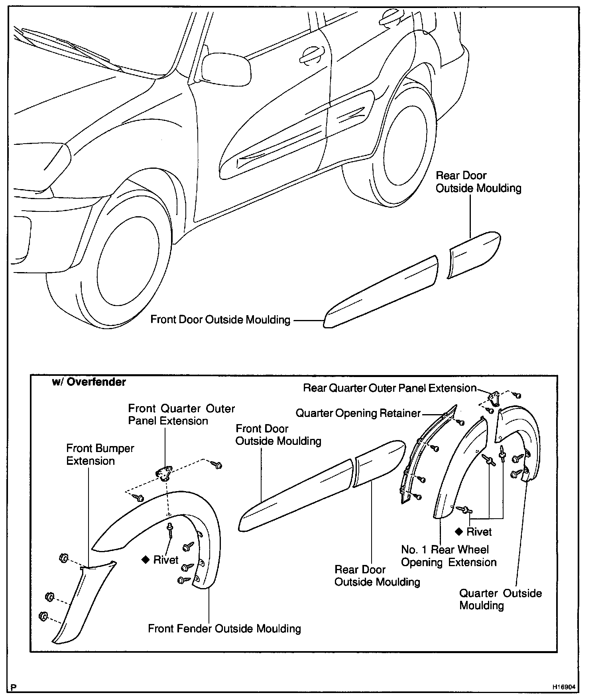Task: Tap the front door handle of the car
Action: pyautogui.click(x=311, y=55)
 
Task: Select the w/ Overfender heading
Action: pyautogui.click(x=89, y=382)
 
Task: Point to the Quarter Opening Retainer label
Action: pyautogui.click(x=358, y=413)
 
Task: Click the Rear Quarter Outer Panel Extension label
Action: pyautogui.click(x=390, y=388)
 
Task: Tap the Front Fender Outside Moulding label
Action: pyautogui.click(x=224, y=628)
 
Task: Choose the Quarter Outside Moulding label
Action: pyautogui.click(x=500, y=599)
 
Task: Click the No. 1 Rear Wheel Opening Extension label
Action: pyautogui.click(x=448, y=556)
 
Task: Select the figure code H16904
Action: pyautogui.click(x=563, y=687)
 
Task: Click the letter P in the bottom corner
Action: pyautogui.click(x=14, y=687)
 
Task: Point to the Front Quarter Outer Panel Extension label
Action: pyautogui.click(x=181, y=415)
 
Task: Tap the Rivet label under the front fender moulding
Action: pyautogui.click(x=165, y=560)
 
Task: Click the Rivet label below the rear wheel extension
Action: pyautogui.click(x=479, y=532)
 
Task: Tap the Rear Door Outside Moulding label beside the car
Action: pyautogui.click(x=478, y=182)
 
